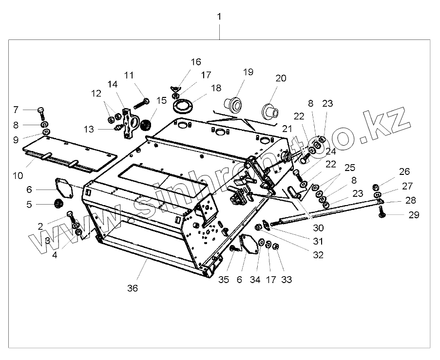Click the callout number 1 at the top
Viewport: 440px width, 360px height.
219,17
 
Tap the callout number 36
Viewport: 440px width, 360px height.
132,288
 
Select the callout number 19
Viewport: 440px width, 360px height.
248,72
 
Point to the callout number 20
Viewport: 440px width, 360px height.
281,78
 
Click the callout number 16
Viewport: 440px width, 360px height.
195,62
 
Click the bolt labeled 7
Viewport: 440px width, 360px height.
41,113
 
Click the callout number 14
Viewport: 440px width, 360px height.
113,84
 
